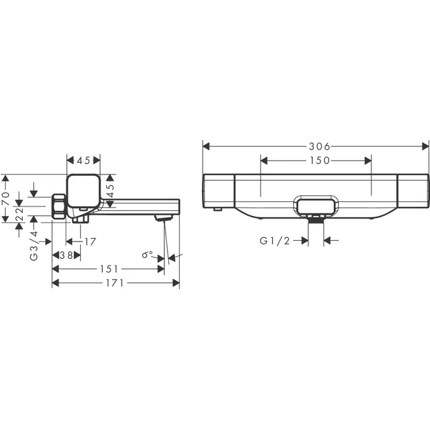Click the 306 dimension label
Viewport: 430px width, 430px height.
(x=320, y=147)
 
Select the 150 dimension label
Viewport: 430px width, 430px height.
(x=320, y=161)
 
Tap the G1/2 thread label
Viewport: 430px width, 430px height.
(x=275, y=241)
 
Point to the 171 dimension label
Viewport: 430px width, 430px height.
(x=115, y=283)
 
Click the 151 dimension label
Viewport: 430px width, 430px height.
(x=109, y=269)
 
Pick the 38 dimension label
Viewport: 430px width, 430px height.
(x=66, y=255)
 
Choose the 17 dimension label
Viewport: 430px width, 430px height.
(x=90, y=241)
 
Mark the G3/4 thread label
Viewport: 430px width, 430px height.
(x=34, y=246)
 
